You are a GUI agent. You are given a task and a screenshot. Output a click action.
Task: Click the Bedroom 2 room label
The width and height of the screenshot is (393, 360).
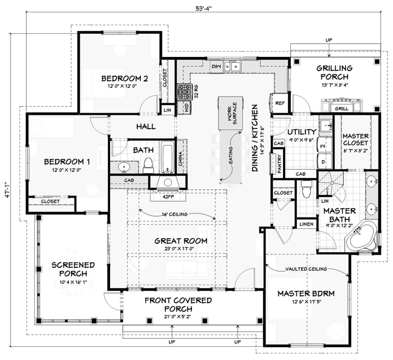pos(124,79)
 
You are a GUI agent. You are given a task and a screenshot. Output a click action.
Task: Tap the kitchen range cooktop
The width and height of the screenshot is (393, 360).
pos(185,92)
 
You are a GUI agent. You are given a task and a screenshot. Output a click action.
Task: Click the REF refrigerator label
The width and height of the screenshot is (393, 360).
pos(280,103)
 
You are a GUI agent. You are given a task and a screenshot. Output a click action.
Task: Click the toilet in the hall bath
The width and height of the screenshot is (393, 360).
pos(148,165)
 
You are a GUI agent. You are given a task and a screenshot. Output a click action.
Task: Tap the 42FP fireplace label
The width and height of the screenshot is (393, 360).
pos(168,197)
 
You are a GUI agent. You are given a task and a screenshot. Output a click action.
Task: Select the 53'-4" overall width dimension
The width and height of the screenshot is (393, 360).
pos(204,9)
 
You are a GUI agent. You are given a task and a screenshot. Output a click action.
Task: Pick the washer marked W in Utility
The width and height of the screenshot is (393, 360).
pos(324,145)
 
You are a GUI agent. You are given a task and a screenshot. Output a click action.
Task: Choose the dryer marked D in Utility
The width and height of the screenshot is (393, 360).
pos(324,161)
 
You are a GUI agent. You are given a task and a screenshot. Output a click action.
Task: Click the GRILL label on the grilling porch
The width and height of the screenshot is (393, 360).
pos(342,108)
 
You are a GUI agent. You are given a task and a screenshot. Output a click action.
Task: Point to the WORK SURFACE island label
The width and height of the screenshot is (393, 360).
pos(232,113)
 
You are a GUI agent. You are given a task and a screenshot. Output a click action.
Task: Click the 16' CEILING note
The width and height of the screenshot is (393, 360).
pos(175,214)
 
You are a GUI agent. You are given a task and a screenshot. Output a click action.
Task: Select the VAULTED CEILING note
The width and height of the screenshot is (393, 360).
pos(306,269)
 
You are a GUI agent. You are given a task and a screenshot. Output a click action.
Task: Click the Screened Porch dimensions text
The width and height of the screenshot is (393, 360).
pos(73,282)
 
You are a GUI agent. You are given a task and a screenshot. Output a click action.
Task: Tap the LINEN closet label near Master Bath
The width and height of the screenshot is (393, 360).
pos(307,224)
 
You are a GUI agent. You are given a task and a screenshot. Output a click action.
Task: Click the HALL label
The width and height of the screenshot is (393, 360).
pos(146,126)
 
